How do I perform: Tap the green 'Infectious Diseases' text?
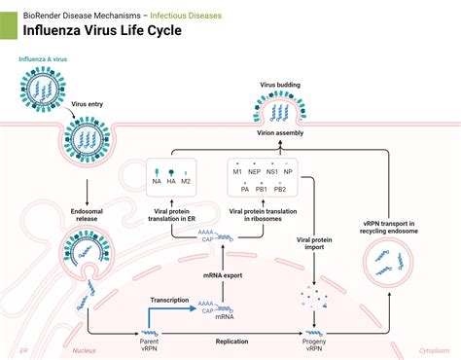click(x=185, y=16)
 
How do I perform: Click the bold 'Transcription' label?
click(x=169, y=300)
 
